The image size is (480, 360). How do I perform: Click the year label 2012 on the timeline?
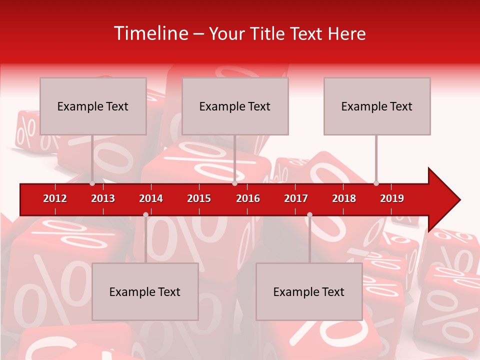pyautogui.click(x=55, y=198)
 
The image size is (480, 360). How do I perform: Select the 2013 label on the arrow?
pyautogui.click(x=103, y=198)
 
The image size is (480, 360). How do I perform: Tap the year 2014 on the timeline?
pyautogui.click(x=151, y=198)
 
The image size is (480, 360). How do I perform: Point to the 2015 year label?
pyautogui.click(x=199, y=198)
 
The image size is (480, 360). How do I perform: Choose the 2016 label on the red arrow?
pyautogui.click(x=248, y=198)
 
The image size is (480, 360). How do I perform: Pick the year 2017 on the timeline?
pyautogui.click(x=296, y=198)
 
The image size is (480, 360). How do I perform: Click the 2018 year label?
pyautogui.click(x=344, y=198)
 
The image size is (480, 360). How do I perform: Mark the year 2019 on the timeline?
pyautogui.click(x=392, y=198)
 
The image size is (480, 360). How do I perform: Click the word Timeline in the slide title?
pyautogui.click(x=150, y=33)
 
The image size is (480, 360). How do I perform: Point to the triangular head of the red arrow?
pyautogui.click(x=443, y=199)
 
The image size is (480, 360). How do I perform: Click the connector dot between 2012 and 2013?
pyautogui.click(x=92, y=183)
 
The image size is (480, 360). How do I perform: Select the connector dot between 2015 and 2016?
pyautogui.click(x=234, y=183)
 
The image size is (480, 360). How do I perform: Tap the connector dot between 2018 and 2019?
pyautogui.click(x=376, y=183)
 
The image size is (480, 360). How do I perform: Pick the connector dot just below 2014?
pyautogui.click(x=145, y=215)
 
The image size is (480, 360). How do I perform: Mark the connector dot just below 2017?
pyautogui.click(x=309, y=215)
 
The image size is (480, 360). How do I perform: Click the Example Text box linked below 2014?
pyautogui.click(x=145, y=292)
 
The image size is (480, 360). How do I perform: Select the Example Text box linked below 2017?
pyautogui.click(x=309, y=292)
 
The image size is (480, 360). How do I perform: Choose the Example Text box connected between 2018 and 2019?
pyautogui.click(x=377, y=106)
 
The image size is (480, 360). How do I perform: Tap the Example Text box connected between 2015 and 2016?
pyautogui.click(x=235, y=106)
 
